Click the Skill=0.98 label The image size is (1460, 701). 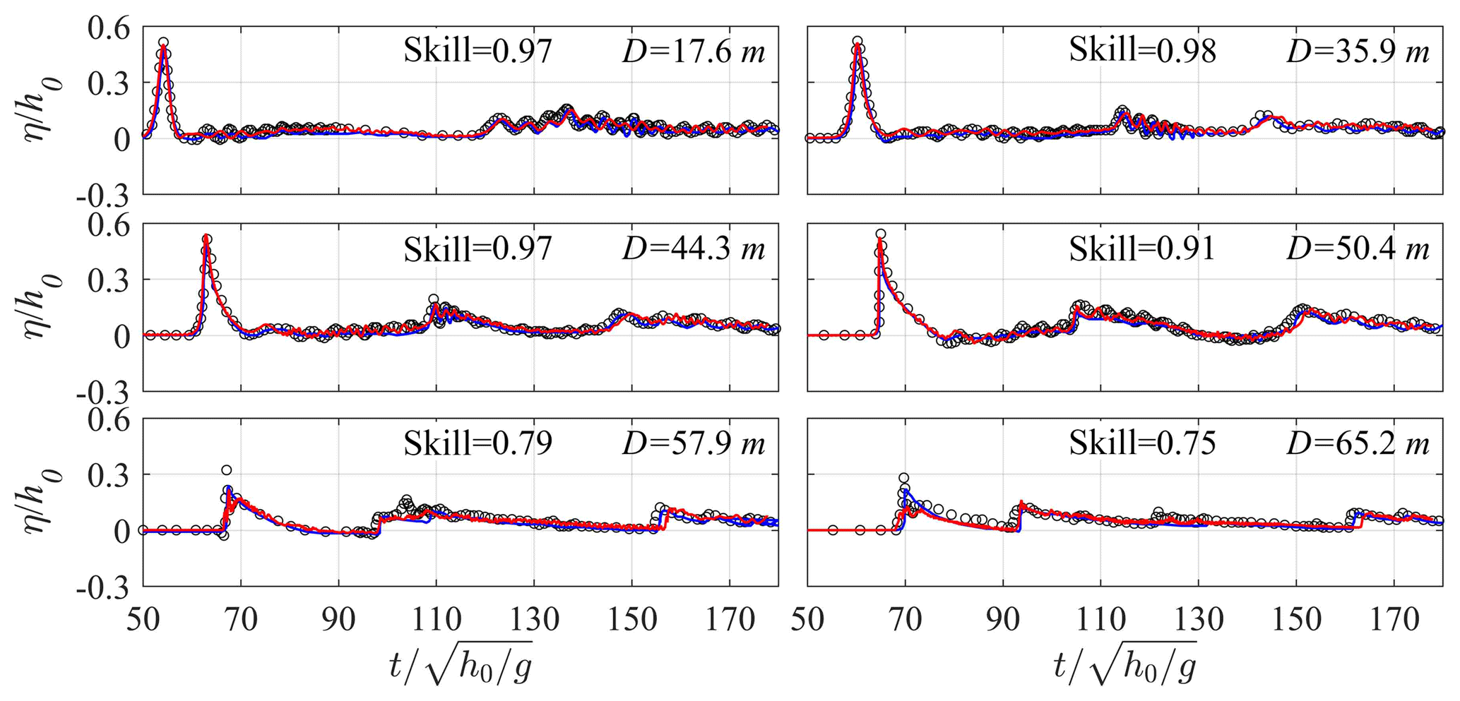coord(1142,51)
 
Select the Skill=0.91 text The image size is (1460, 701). coord(1142,248)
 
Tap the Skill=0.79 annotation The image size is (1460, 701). coord(477,443)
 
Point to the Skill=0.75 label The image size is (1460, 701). coord(1142,443)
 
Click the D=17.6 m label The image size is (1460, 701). coord(694,52)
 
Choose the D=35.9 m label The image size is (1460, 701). coord(1358,52)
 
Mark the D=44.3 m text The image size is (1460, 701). coord(694,249)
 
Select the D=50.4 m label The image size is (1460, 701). coord(1358,249)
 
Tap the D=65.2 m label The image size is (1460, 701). coord(1358,444)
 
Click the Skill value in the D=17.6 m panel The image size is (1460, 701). coord(477,51)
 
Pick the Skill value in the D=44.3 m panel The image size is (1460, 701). coord(477,248)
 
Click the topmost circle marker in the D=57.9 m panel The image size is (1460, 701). coord(226,470)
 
